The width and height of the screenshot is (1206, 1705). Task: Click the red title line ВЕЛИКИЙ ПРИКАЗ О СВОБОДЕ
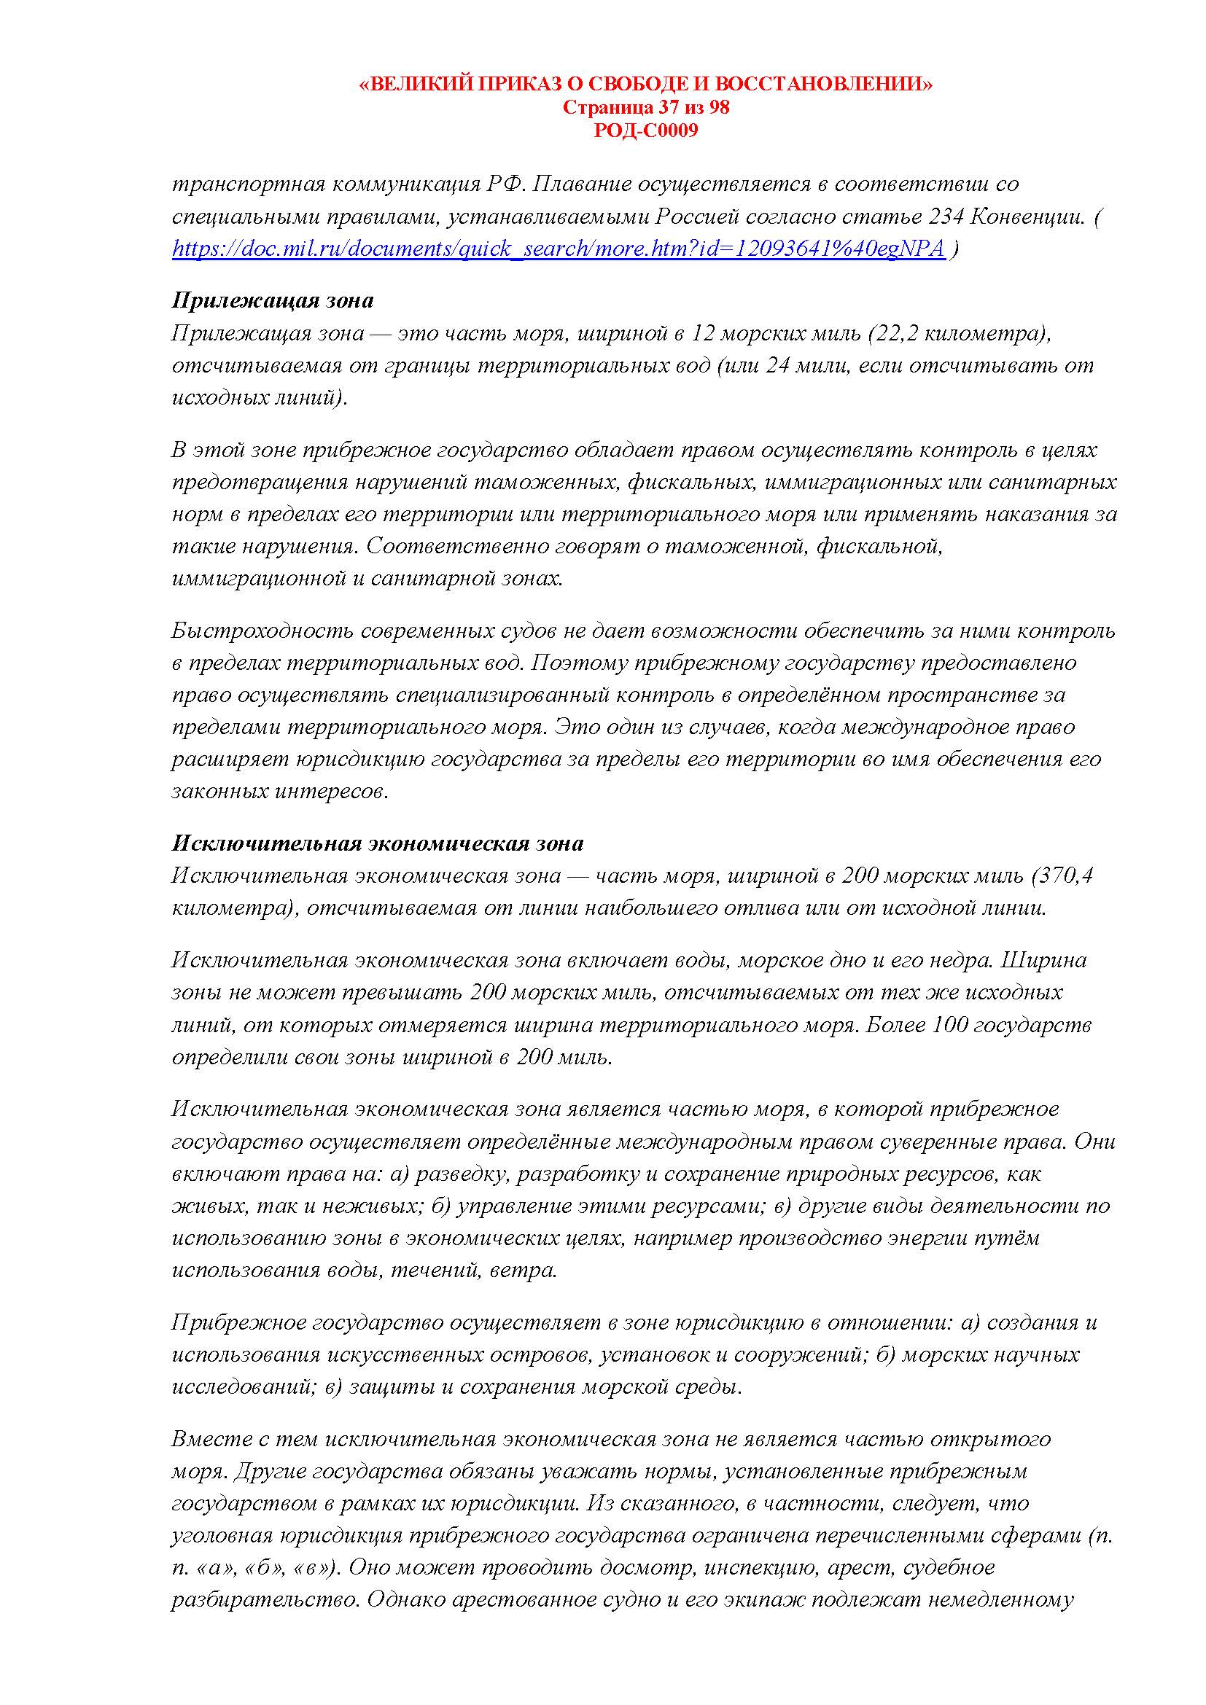point(646,85)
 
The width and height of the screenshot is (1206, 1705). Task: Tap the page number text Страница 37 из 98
point(646,108)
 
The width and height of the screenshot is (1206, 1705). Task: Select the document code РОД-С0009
point(646,130)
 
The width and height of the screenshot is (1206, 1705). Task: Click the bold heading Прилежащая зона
point(273,301)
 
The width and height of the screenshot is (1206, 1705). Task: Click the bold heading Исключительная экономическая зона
point(377,843)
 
